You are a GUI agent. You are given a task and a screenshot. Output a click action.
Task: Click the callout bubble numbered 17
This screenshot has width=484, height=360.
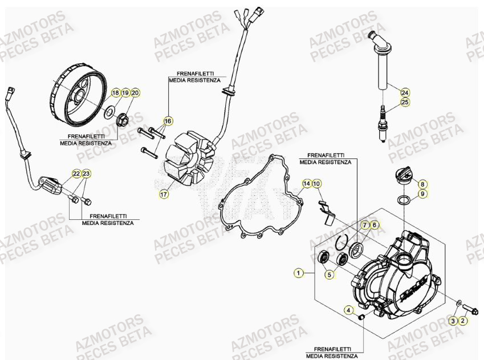coord(164,194)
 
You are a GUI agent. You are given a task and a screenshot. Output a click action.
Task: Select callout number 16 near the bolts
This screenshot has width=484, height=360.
coord(168,121)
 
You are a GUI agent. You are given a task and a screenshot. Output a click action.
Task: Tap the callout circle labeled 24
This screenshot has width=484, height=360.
coord(405,92)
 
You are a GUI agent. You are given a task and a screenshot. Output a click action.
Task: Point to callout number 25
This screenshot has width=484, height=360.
coord(405,103)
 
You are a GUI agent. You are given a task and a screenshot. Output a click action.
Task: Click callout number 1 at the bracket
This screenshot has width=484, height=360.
coord(297,273)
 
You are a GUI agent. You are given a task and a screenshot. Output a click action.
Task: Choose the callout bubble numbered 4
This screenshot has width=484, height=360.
coord(348,310)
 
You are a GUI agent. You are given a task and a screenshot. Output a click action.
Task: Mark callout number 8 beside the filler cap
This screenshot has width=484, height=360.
coord(422,184)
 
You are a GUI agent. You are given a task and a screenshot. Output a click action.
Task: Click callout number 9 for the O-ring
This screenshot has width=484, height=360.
coord(422,194)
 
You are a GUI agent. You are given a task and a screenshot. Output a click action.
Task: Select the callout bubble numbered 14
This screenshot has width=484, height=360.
coord(307,183)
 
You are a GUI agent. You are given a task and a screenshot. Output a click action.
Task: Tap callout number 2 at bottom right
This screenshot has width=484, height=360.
coord(463,321)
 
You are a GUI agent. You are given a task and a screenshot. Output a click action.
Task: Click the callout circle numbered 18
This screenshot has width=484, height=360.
coord(115,92)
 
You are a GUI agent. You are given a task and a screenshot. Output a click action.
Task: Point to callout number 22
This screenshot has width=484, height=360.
coord(76,173)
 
